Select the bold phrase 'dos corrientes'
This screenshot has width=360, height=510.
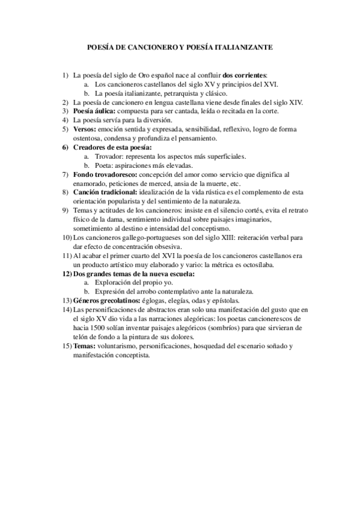click(x=245, y=76)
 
